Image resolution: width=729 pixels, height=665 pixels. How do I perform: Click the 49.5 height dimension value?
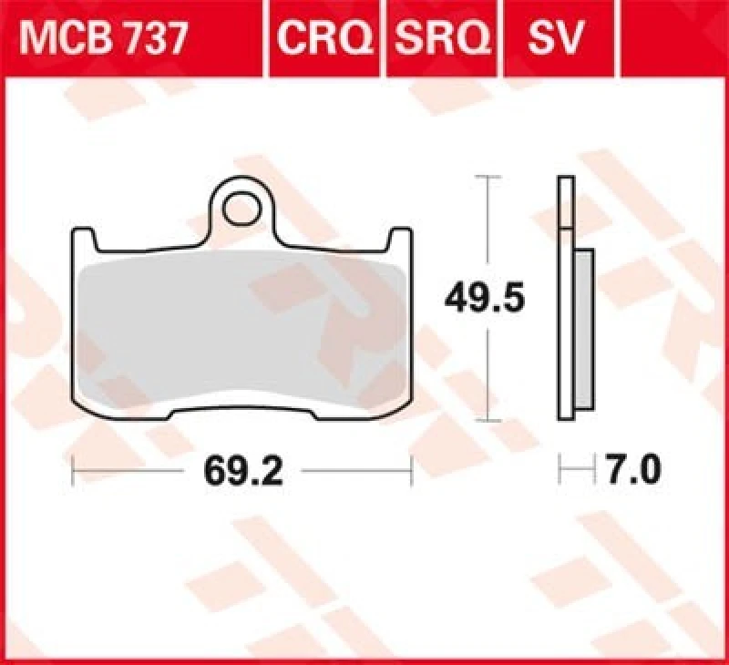coord(485,298)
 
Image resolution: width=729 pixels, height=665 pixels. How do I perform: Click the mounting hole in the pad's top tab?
coord(241,208)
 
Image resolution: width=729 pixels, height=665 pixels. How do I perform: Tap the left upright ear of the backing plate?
coord(85,241)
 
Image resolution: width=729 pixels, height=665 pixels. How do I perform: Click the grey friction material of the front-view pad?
coord(241,328)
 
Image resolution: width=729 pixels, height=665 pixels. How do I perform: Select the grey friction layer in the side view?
coord(584,328)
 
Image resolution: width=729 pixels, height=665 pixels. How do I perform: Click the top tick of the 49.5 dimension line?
coord(490,175)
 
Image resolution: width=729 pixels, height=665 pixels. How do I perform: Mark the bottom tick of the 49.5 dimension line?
coord(490,421)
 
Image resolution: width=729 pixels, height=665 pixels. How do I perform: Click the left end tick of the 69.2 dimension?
coord(73,472)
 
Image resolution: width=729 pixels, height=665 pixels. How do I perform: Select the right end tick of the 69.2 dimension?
coord(412,472)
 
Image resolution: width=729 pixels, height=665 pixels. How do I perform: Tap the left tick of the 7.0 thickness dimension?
coord(560,472)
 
